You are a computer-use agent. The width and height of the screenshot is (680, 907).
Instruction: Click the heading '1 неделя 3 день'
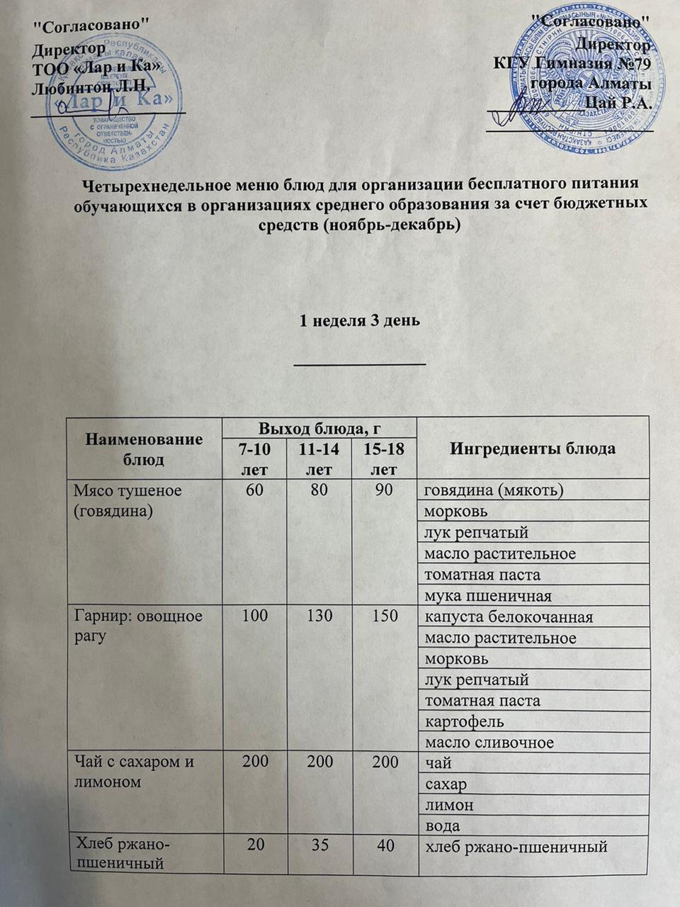360,320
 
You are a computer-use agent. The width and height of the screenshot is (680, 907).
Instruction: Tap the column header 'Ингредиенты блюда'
533,449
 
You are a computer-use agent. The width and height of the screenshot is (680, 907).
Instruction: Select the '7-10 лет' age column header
254,459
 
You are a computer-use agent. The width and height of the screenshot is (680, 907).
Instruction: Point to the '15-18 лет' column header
384,459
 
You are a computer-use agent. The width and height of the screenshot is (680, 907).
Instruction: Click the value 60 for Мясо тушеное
254,490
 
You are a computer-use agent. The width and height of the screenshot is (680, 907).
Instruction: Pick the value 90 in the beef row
384,490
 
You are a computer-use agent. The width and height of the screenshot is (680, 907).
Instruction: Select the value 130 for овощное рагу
319,615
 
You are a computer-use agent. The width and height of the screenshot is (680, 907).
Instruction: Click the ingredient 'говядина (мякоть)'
493,490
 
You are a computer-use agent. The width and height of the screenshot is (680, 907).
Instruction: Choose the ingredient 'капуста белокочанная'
508,616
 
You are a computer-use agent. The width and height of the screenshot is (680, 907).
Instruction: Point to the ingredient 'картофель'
463,721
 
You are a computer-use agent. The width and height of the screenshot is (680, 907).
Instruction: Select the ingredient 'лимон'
448,805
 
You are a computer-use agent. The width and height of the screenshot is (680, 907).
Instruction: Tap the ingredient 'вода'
442,826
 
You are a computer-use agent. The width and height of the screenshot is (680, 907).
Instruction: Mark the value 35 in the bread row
319,846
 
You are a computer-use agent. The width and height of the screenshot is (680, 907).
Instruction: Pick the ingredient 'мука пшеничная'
487,596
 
